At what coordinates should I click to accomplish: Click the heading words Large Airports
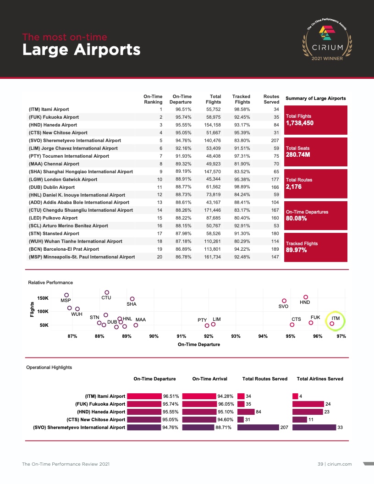tap(81, 49)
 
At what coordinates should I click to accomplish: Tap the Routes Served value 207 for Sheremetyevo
tap(275, 140)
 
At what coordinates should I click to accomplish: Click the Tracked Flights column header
tap(241, 99)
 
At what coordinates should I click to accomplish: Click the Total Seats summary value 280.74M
tap(298, 155)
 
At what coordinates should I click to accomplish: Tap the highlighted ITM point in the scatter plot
tap(332, 324)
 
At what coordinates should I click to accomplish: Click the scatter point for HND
tap(306, 297)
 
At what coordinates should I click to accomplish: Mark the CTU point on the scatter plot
tap(107, 292)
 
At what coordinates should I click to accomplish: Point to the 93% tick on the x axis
tap(236, 336)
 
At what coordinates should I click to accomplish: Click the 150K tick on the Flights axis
tap(43, 298)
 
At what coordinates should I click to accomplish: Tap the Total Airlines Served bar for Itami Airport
tap(295, 396)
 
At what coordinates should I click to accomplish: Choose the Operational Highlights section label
tap(49, 367)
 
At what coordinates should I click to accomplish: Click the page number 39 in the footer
tap(320, 464)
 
